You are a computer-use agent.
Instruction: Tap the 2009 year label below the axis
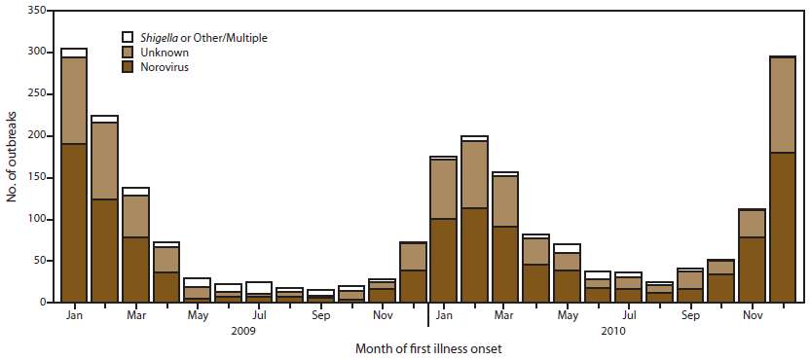pyautogui.click(x=242, y=331)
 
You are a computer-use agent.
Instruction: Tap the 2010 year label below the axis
pyautogui.click(x=612, y=331)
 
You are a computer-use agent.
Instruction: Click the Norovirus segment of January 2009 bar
pyautogui.click(x=74, y=223)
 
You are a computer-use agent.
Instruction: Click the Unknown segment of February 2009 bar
pyautogui.click(x=104, y=161)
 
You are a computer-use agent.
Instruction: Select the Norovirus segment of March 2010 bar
pyautogui.click(x=505, y=264)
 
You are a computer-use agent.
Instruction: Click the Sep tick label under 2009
pyautogui.click(x=320, y=316)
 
